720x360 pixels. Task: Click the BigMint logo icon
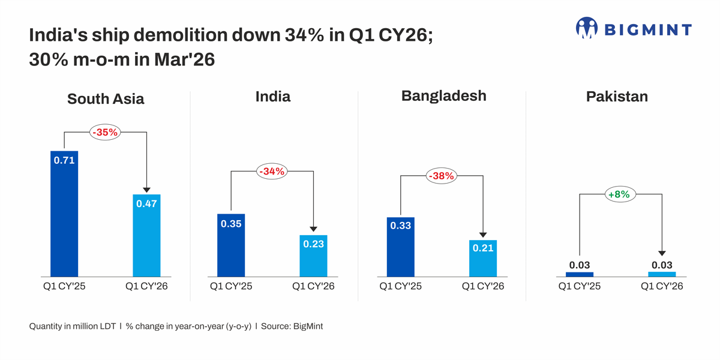tap(587, 28)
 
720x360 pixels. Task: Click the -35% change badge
tap(105, 132)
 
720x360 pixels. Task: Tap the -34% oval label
tap(272, 172)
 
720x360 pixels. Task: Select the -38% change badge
tap(441, 176)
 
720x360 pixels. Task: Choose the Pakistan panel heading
tap(617, 97)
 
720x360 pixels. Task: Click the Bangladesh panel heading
tap(443, 96)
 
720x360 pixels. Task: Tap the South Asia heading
tap(106, 99)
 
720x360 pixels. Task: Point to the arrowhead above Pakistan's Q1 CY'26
tap(661, 254)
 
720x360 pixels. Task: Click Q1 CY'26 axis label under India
tap(313, 286)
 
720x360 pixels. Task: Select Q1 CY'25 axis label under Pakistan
tap(580, 286)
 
